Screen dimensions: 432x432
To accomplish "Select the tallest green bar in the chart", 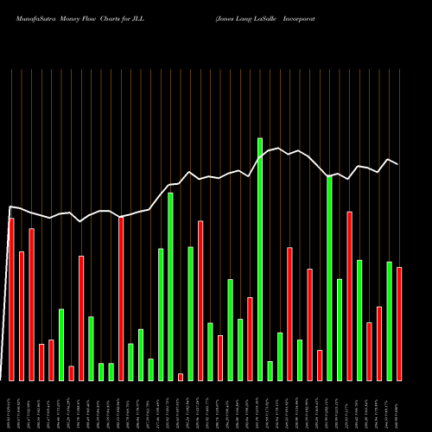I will click(x=260, y=259).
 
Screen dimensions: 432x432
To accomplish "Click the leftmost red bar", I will click(x=11, y=299).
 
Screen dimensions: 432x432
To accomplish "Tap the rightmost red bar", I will click(x=399, y=324).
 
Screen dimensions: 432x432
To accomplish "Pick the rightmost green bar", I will click(x=389, y=321).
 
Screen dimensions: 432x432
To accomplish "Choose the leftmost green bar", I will click(x=61, y=344).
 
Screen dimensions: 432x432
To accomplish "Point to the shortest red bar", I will click(x=181, y=377).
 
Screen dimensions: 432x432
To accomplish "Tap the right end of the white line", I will click(x=398, y=164).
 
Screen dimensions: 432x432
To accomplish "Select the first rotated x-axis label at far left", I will click(x=10, y=405).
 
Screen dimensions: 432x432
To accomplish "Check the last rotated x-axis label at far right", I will click(x=399, y=405).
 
